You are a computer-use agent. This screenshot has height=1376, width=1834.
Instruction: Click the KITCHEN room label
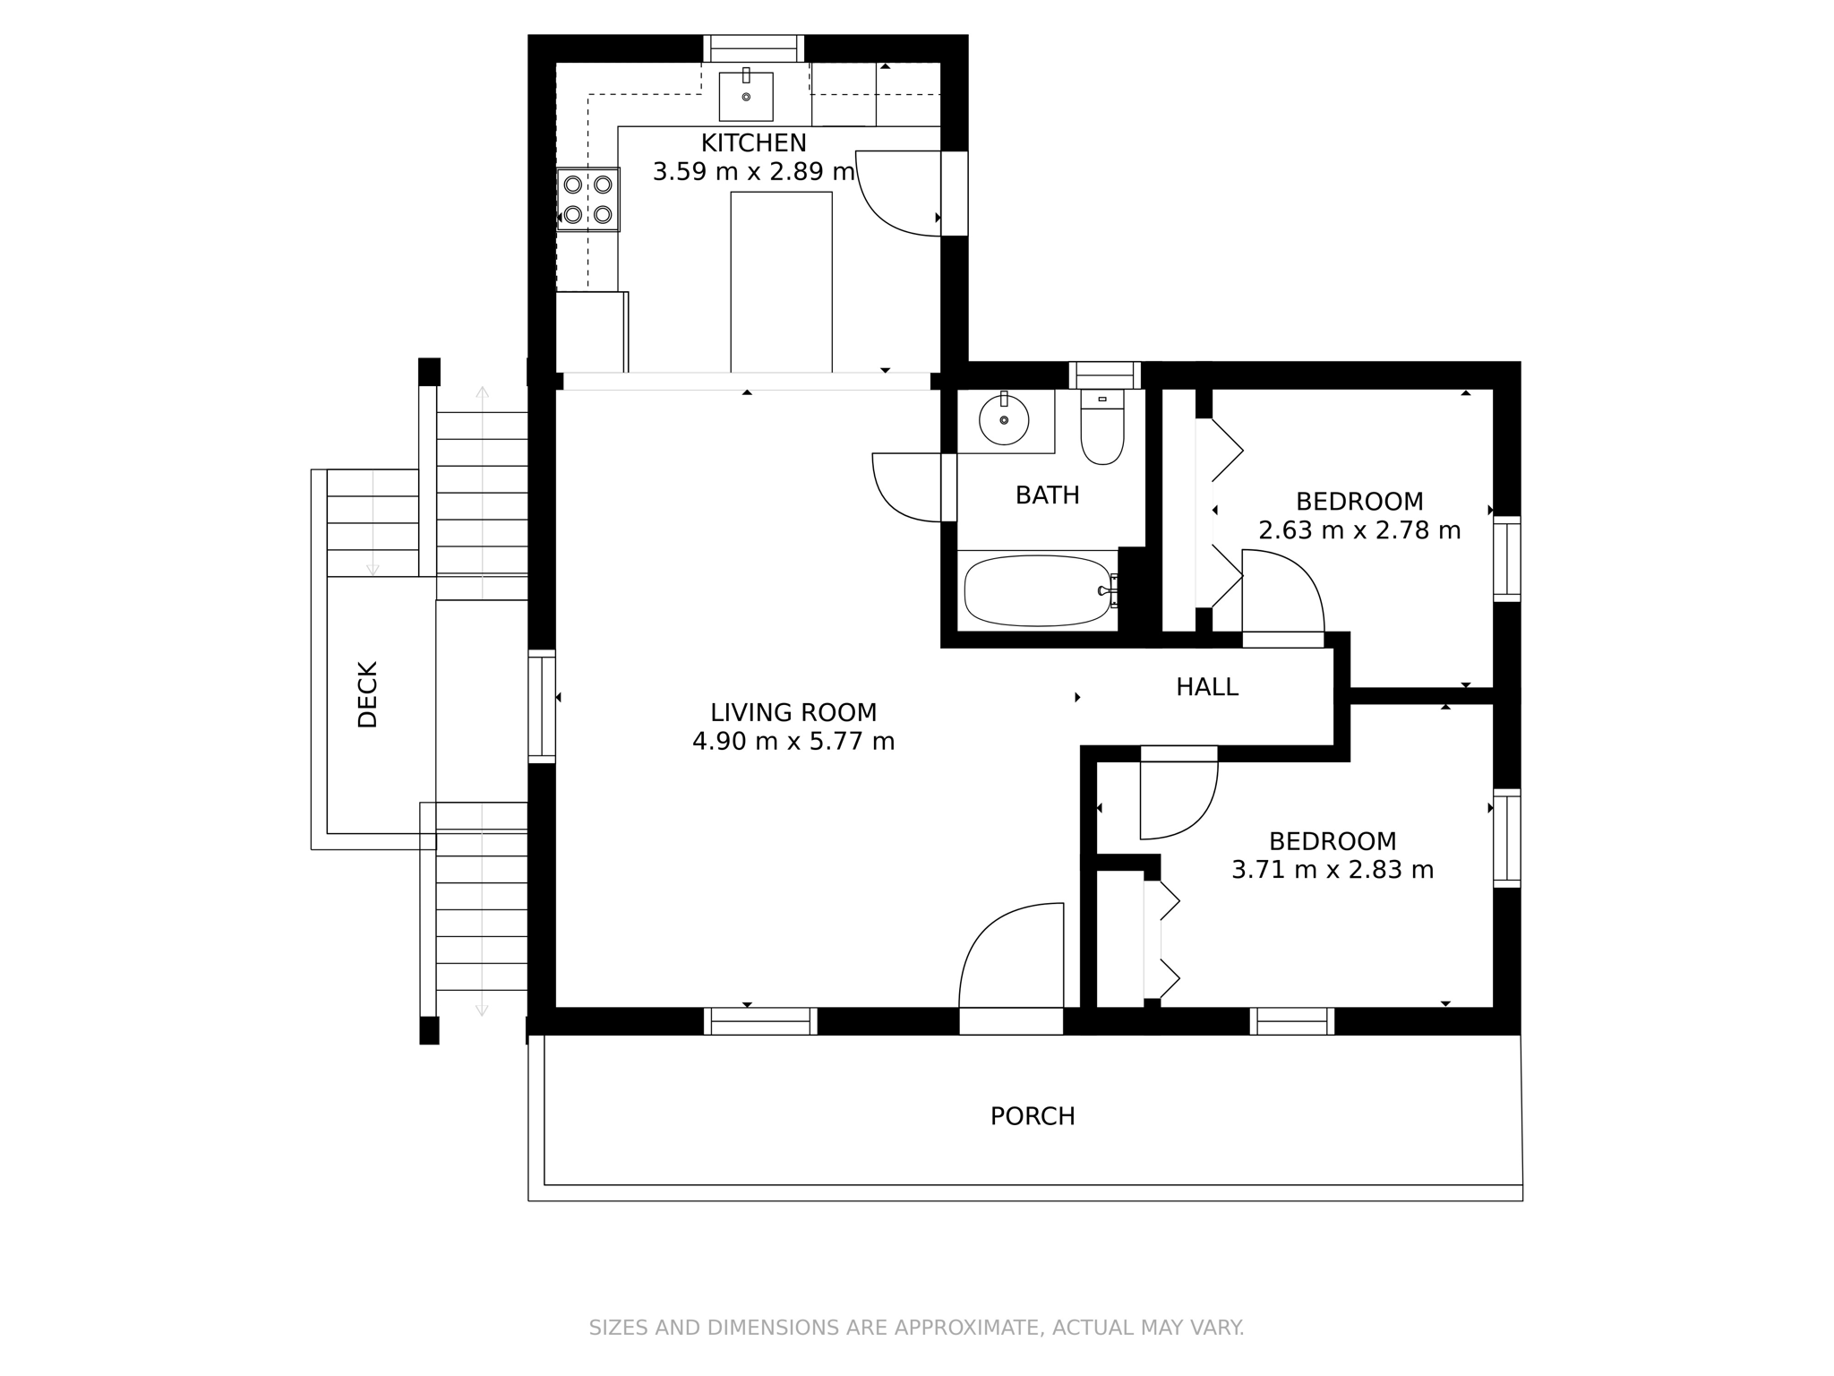point(753,142)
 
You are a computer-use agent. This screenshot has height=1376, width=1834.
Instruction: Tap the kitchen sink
point(746,97)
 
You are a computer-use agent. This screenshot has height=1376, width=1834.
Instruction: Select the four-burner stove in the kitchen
point(588,199)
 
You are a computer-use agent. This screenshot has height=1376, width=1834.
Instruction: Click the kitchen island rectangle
point(781,281)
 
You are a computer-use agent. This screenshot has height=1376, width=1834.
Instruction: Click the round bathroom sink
point(1004,419)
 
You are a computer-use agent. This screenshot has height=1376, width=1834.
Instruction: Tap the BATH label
point(1047,494)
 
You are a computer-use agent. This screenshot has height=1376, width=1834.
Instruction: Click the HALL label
point(1206,687)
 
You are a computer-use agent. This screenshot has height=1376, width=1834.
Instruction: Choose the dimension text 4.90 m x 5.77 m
point(793,742)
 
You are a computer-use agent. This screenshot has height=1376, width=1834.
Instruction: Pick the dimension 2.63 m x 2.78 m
point(1359,530)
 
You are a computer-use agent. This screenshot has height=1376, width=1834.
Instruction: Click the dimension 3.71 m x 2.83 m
point(1333,870)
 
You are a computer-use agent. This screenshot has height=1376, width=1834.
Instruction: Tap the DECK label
point(368,694)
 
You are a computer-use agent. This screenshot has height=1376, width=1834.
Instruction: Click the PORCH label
point(1033,1116)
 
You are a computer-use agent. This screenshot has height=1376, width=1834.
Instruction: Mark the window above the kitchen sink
point(753,47)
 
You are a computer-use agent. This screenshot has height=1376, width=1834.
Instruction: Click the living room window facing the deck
point(541,706)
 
